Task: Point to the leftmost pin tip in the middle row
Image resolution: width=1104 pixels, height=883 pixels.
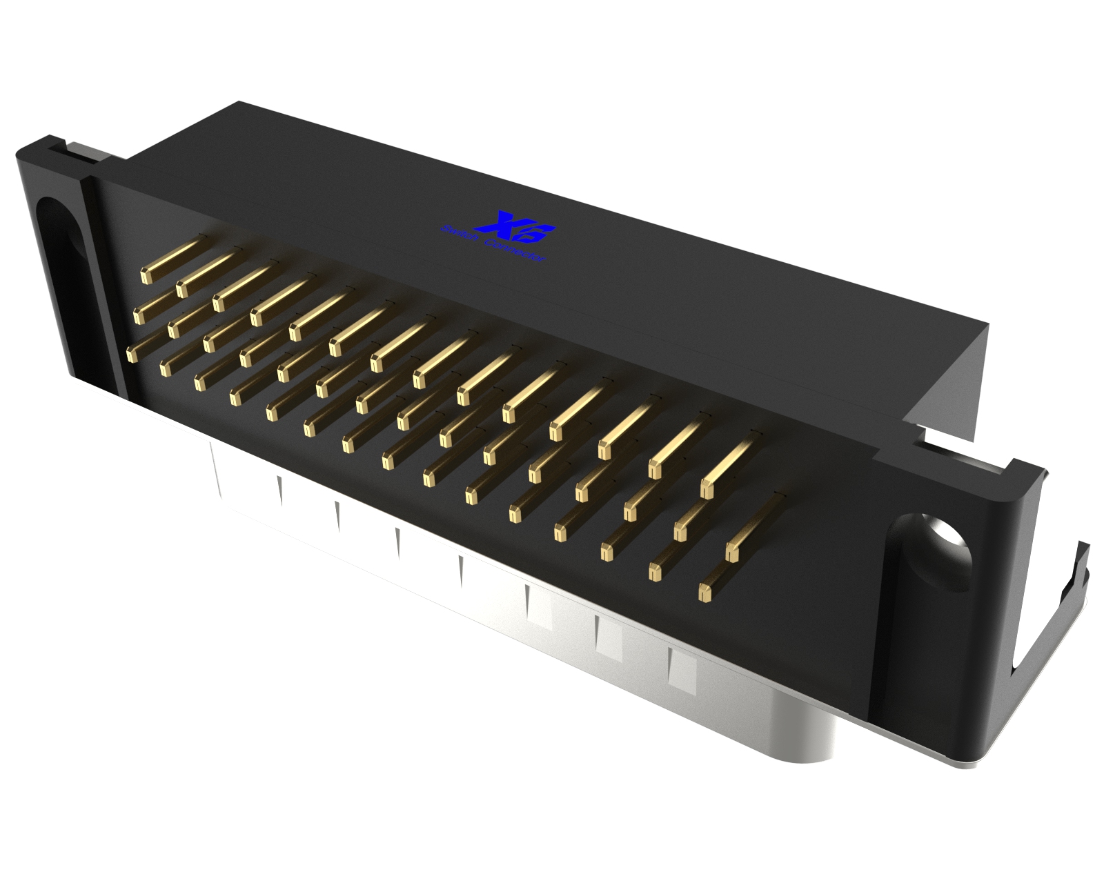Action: point(139,315)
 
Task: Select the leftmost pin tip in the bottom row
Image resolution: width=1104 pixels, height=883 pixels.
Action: point(130,355)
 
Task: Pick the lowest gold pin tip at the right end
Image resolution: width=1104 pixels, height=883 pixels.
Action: point(704,592)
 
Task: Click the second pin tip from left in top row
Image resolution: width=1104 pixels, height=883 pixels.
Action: point(182,289)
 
